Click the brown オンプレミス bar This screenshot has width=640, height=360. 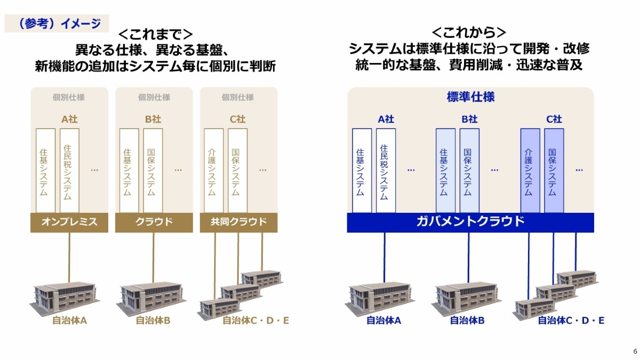(x=69, y=222)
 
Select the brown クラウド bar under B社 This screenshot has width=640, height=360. (x=154, y=222)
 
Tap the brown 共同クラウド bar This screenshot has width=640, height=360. (x=238, y=222)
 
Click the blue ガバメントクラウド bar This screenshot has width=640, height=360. (x=470, y=222)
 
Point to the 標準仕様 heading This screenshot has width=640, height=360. (x=470, y=97)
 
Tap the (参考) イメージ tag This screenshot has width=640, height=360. (x=57, y=23)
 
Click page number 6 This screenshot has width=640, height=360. (x=635, y=351)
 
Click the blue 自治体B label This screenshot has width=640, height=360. (x=467, y=321)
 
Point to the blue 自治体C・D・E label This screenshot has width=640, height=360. (x=571, y=321)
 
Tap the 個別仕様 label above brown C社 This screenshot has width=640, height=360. (x=237, y=98)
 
